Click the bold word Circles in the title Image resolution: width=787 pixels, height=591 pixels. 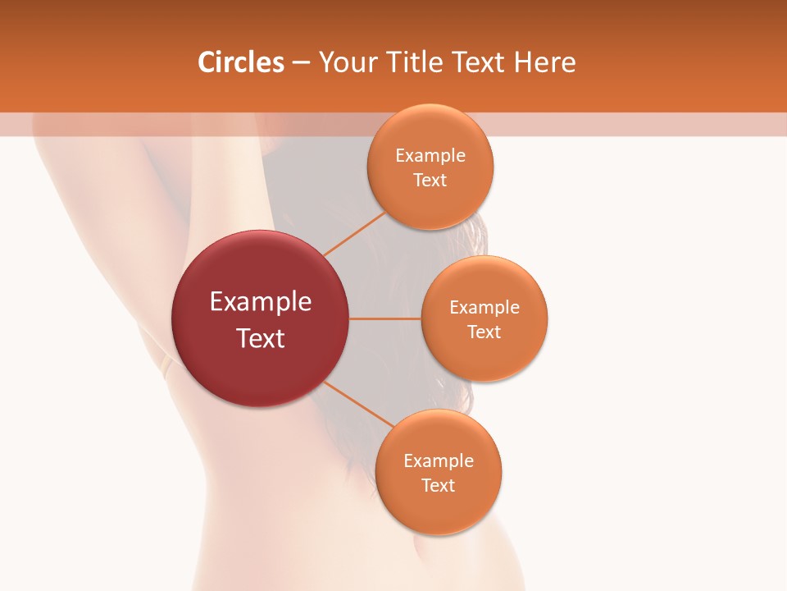pyautogui.click(x=241, y=62)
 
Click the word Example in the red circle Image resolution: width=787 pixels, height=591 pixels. pyautogui.click(x=261, y=302)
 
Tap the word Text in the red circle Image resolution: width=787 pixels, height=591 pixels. pyautogui.click(x=261, y=338)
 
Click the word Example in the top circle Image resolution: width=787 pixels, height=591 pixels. pyautogui.click(x=430, y=156)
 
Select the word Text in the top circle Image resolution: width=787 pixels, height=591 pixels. pyautogui.click(x=430, y=181)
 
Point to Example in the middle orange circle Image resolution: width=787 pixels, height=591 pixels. pyautogui.click(x=484, y=308)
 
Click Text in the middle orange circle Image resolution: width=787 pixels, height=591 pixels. pyautogui.click(x=484, y=332)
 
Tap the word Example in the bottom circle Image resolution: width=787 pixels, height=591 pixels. pyautogui.click(x=439, y=461)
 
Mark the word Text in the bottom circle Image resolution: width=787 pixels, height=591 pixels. pyautogui.click(x=439, y=486)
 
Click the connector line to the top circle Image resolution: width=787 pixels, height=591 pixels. pyautogui.click(x=354, y=233)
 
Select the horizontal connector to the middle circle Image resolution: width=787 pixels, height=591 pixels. pyautogui.click(x=385, y=318)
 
